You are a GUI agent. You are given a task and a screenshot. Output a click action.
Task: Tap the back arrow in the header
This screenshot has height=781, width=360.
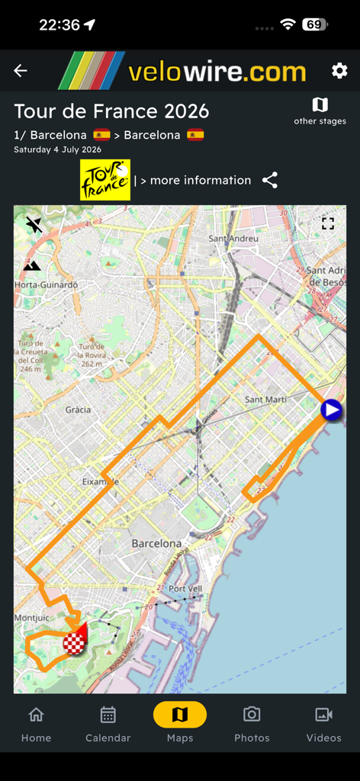(21, 71)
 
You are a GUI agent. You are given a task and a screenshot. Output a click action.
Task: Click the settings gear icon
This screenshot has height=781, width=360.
(339, 71)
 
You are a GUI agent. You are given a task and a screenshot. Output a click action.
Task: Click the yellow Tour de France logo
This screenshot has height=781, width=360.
(105, 180)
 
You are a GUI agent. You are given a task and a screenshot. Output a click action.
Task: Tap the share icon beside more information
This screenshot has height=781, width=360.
(270, 180)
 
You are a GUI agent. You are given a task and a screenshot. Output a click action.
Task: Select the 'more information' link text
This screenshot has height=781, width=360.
(200, 180)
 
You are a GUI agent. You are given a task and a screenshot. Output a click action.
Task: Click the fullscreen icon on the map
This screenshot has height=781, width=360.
(328, 223)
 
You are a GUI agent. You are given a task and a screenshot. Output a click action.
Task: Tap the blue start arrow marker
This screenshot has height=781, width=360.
(331, 410)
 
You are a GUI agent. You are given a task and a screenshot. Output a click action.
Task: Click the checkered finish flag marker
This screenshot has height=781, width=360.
(74, 644)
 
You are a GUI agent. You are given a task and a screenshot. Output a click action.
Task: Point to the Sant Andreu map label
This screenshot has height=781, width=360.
(233, 238)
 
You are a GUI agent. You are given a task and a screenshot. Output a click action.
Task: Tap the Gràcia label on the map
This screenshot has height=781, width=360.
(78, 410)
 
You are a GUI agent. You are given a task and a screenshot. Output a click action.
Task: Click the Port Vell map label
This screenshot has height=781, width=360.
(185, 589)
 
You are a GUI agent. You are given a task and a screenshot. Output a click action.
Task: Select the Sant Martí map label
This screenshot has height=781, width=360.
(265, 400)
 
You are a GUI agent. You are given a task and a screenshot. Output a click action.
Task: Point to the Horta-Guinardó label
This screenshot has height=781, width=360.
(46, 284)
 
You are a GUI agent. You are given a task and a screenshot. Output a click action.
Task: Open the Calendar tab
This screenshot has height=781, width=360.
(108, 722)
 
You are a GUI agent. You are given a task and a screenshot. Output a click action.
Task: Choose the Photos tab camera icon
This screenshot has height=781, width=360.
(252, 715)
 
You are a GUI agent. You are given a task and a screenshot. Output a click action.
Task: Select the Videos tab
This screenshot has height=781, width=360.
(323, 722)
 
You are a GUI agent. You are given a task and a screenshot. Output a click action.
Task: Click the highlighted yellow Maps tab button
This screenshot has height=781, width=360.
(180, 715)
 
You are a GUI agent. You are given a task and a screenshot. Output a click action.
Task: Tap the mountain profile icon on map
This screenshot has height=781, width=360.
(32, 265)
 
